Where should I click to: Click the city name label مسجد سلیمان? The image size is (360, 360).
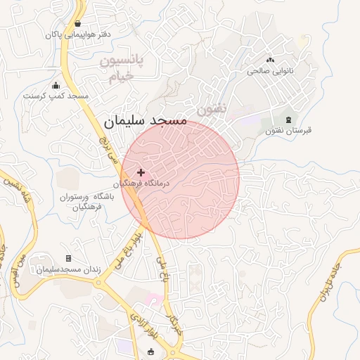pyautogui.click(x=146, y=120)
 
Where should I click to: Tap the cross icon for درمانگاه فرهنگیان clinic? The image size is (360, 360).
pyautogui.click(x=141, y=172)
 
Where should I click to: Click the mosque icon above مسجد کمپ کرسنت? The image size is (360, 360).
pyautogui.click(x=56, y=86)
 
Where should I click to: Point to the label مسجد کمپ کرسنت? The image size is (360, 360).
pyautogui.click(x=56, y=96)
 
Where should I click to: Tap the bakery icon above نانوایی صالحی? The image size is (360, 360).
pyautogui.click(x=270, y=61)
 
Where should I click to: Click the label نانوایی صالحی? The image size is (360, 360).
pyautogui.click(x=270, y=71)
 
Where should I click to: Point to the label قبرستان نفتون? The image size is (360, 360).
pyautogui.click(x=288, y=131)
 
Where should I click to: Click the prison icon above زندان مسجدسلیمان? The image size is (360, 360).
pyautogui.click(x=68, y=259)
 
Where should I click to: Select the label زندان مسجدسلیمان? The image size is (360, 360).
pyautogui.click(x=68, y=269)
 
